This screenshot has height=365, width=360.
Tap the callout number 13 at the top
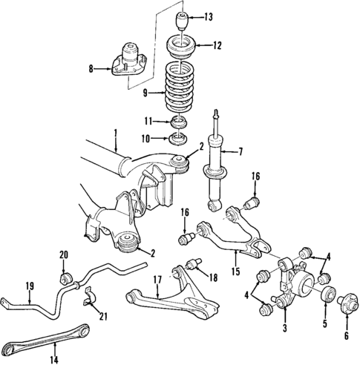tap(208, 16)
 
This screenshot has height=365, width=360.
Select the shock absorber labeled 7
tap(218, 167)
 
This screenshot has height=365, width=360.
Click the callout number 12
tap(217, 45)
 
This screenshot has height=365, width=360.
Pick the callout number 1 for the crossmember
tap(117, 134)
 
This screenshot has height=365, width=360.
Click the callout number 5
tap(325, 324)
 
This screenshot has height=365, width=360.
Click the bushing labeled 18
tap(197, 263)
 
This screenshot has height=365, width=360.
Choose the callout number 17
tap(157, 280)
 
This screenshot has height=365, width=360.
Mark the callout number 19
tap(30, 286)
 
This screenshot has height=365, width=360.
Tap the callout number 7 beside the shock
tap(239, 151)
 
